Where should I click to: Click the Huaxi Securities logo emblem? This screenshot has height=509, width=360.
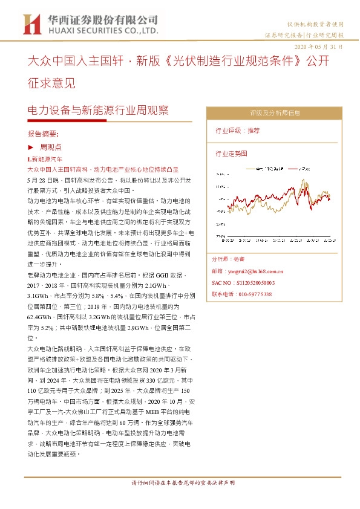point(30,24)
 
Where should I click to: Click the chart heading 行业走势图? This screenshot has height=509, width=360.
point(231,154)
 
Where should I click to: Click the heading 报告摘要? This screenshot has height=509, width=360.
point(43,133)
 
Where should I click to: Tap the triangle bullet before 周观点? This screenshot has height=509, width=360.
point(31,147)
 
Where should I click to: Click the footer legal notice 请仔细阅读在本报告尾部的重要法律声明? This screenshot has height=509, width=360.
point(183,484)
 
